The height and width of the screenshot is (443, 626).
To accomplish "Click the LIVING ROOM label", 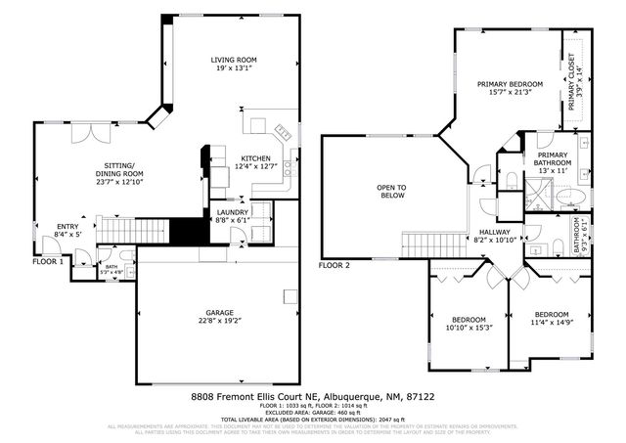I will [234, 61].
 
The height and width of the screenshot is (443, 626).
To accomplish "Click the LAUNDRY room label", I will [232, 211].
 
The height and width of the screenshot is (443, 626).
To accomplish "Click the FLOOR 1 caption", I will [48, 262].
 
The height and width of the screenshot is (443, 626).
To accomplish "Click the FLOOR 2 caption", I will [335, 265].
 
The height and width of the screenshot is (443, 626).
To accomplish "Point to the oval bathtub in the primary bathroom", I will [574, 199].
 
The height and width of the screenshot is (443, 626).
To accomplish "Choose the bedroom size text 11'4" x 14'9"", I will [551, 323].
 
